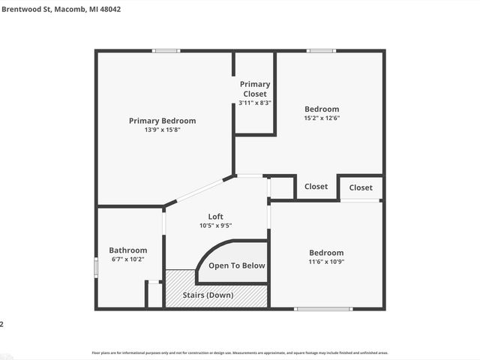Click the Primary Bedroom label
tap(162, 121)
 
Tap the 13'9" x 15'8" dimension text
tap(162, 130)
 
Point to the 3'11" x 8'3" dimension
tap(255, 103)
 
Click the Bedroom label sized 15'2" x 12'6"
tap(321, 109)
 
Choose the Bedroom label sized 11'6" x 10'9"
tap(326, 253)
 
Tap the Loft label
tap(215, 217)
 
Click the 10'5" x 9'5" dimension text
tap(215, 226)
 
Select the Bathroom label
tap(127, 250)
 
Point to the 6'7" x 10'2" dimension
tap(127, 259)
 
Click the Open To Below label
tap(236, 265)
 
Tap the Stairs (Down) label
tap(208, 295)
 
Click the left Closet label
tap(316, 187)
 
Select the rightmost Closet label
tap(360, 187)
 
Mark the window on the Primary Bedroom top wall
tap(165, 51)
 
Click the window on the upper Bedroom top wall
tap(321, 51)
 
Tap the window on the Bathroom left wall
tap(95, 268)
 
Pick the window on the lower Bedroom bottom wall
tap(322, 309)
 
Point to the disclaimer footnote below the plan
tap(239, 352)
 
